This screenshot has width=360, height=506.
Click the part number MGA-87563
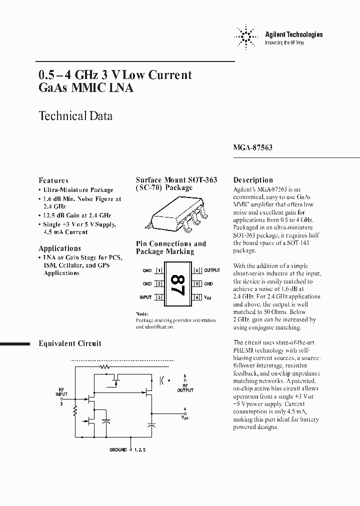253,148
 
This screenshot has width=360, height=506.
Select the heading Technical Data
75,116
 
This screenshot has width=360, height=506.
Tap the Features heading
53,180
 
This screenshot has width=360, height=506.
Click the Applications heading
59,248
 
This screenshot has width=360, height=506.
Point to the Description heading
253,180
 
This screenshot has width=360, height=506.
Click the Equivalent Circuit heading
70,343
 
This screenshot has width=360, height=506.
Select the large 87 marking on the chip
176,283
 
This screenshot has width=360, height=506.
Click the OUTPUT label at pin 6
212,270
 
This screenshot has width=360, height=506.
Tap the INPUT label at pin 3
145,297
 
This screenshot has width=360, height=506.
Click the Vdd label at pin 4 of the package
207,297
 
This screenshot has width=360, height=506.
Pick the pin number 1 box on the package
159,270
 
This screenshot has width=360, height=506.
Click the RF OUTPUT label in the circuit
187,388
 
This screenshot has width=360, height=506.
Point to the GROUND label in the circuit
118,450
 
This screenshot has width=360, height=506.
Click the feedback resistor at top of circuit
104,366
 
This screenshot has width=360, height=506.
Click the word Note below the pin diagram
142,313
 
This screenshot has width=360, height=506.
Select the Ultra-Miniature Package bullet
77,190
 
